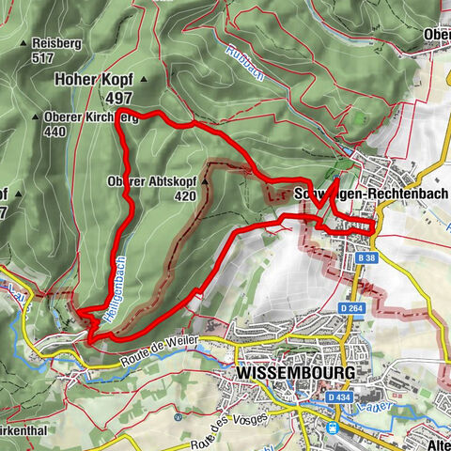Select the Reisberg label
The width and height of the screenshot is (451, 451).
point(55,43)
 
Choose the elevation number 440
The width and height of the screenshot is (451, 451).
point(56,132)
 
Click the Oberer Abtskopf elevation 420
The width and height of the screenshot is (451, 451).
point(184,196)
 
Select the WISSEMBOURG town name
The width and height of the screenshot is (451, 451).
point(292,373)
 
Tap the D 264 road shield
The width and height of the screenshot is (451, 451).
point(351,308)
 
